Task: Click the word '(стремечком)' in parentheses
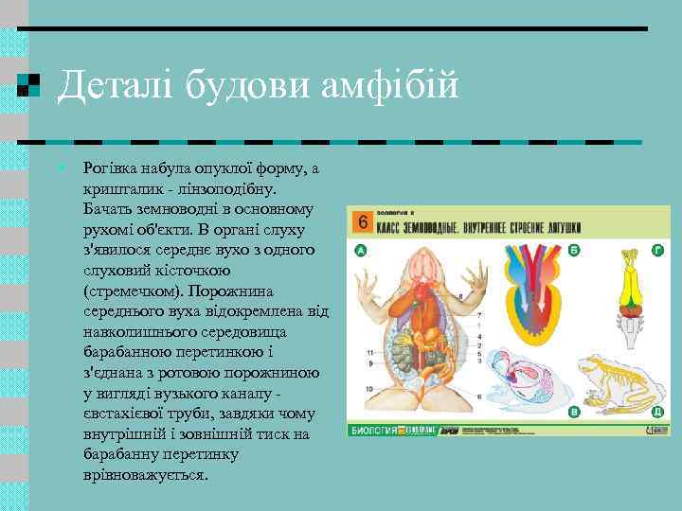[x=131, y=291]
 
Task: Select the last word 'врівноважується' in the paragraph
[x=145, y=475]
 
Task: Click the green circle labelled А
[x=360, y=250]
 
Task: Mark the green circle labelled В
[x=575, y=412]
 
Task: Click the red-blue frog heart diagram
[x=530, y=303]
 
